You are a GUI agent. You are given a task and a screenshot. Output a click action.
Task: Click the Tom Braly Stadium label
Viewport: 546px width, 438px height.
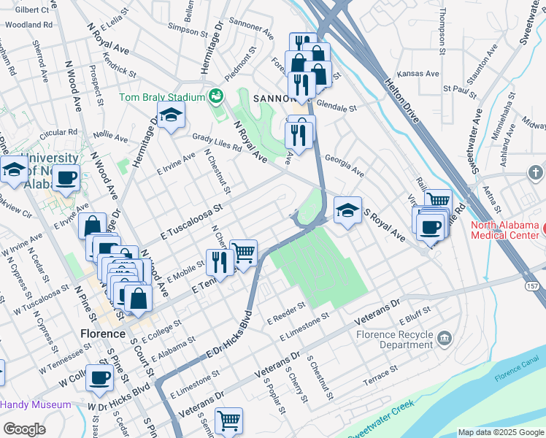(x=162, y=97)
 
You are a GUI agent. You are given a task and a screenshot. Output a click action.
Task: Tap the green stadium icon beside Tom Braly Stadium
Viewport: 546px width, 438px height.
(x=215, y=96)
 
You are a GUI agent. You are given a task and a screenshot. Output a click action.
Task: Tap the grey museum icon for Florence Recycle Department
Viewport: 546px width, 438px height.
(x=445, y=338)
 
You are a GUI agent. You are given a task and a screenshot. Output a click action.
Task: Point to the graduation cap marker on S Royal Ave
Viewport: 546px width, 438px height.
(x=348, y=210)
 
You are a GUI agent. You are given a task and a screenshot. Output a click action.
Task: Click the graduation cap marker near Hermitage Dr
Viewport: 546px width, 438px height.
(x=171, y=115)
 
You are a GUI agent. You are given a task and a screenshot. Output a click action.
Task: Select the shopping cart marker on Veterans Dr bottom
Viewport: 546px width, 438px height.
(x=229, y=420)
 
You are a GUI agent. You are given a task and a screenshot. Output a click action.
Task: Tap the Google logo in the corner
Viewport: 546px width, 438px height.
(x=24, y=429)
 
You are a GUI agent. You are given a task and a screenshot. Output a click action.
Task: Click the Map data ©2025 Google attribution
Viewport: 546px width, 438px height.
(x=501, y=432)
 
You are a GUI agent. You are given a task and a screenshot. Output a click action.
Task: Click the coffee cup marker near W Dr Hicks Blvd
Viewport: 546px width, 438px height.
(x=100, y=377)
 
